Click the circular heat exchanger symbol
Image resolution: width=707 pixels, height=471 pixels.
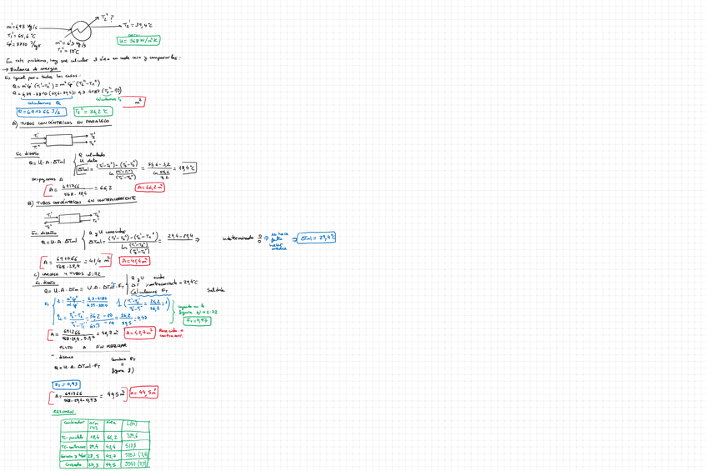(x=82, y=26)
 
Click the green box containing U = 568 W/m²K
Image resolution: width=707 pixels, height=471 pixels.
(x=139, y=39)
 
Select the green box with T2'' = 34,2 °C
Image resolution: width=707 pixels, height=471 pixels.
(x=92, y=111)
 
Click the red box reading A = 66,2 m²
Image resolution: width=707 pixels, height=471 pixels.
(x=151, y=188)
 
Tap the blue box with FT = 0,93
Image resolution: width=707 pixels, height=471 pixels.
(x=66, y=384)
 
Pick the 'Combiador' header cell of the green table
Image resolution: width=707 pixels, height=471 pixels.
(x=73, y=423)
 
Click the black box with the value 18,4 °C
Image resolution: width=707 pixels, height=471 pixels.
(x=187, y=168)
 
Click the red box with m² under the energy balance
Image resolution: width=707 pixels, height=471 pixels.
(x=138, y=100)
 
